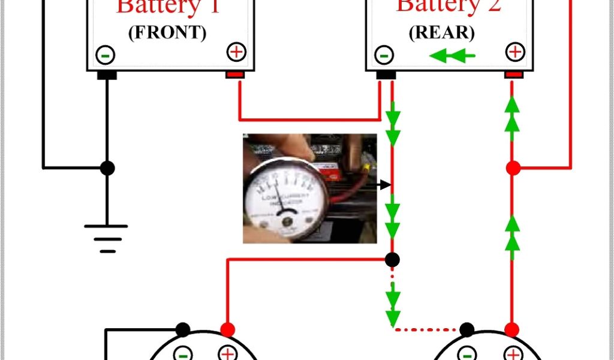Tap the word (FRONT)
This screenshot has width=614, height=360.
(167, 33)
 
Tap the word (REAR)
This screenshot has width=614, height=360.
(441, 32)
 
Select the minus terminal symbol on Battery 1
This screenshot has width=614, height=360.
(106, 55)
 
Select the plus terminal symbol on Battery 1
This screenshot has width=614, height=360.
(237, 52)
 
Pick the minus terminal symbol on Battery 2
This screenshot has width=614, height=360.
(384, 55)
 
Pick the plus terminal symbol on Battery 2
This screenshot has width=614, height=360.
(514, 52)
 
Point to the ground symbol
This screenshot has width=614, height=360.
(106, 238)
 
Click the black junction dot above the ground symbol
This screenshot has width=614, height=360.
(107, 169)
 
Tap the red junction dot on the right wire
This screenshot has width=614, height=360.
(513, 169)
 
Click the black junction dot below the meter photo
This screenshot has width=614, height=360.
(392, 260)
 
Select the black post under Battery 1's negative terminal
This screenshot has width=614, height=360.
(107, 76)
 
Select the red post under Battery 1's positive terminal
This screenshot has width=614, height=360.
(234, 75)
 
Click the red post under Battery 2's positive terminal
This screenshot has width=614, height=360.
(513, 75)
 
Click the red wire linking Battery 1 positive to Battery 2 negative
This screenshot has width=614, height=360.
(309, 119)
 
